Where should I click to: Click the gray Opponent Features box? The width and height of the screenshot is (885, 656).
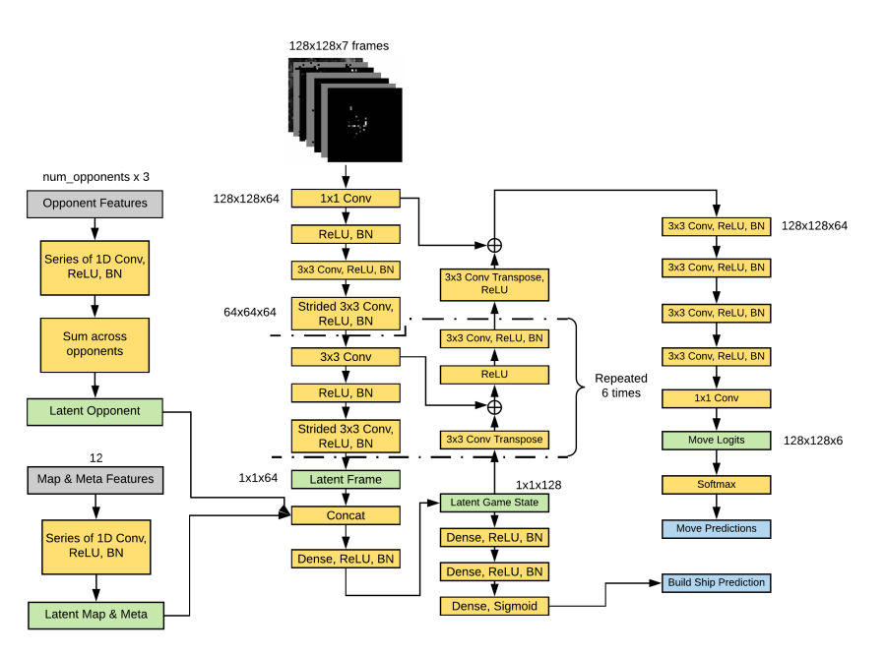[x=95, y=204]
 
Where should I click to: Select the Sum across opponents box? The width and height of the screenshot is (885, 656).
[x=95, y=343]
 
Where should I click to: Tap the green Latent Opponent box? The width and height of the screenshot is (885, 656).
[x=95, y=410]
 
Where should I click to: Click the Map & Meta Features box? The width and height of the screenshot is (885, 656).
[x=95, y=479]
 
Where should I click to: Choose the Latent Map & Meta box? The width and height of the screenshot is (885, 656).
[x=95, y=614]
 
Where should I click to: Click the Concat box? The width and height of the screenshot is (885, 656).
[x=345, y=514]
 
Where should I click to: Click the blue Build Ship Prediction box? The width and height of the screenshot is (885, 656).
[x=714, y=582]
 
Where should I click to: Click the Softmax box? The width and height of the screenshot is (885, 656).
[x=716, y=484]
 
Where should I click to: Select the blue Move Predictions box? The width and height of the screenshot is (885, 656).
[x=716, y=528]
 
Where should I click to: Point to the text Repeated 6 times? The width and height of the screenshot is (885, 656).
[x=620, y=385]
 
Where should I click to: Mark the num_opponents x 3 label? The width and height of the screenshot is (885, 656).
[x=95, y=177]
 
